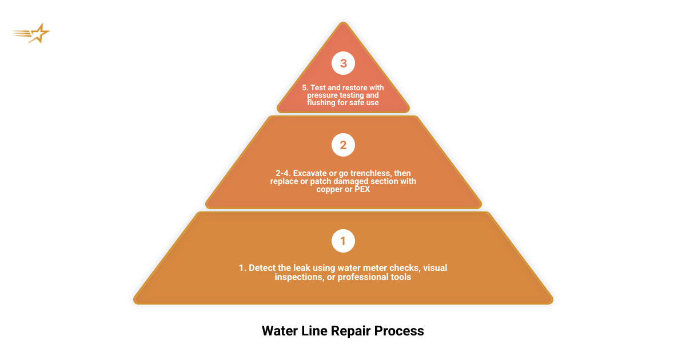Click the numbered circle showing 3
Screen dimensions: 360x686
pos(343,63)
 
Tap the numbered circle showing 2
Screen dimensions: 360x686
pos(343,145)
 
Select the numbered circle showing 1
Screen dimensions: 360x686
pos(343,241)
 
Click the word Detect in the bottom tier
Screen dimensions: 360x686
pos(261,267)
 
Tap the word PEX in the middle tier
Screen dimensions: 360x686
pos(361,189)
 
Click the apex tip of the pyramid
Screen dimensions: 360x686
pos(343,23)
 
